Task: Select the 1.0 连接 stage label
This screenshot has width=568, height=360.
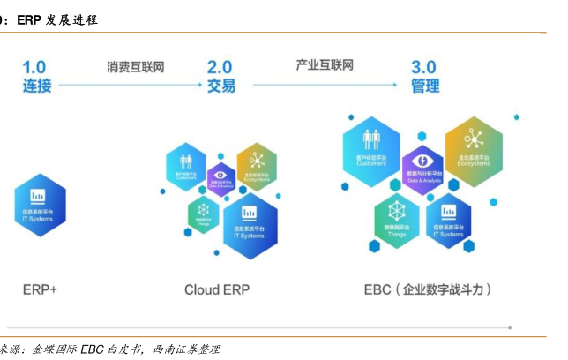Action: point(38,76)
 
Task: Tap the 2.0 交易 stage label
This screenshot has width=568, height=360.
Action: point(221,76)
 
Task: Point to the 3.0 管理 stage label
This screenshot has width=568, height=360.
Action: point(424,76)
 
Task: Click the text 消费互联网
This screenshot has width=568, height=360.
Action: point(136,66)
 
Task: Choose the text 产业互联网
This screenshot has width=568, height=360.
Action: point(325,65)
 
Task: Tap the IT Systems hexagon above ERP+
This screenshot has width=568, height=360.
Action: point(39,204)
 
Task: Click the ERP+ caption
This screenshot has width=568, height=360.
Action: point(40,289)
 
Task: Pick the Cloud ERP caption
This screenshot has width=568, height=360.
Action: point(217,289)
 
